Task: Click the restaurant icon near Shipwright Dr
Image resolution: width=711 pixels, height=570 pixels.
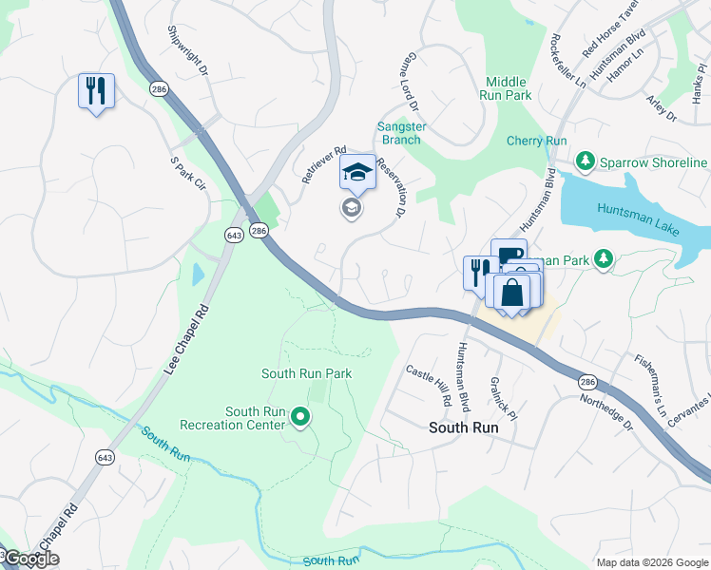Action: pyautogui.click(x=96, y=91)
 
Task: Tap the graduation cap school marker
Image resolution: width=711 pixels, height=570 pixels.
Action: pyautogui.click(x=356, y=172)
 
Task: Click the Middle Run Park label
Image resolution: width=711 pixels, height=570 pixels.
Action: pyautogui.click(x=509, y=89)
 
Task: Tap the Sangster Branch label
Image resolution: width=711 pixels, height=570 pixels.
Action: pyautogui.click(x=400, y=133)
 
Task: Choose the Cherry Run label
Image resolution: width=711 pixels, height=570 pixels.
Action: pyautogui.click(x=536, y=142)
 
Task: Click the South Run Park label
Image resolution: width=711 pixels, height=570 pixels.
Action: pyautogui.click(x=306, y=373)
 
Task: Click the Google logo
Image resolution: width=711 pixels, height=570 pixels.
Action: pyautogui.click(x=30, y=559)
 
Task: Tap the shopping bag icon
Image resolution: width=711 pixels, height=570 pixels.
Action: pyautogui.click(x=511, y=292)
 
